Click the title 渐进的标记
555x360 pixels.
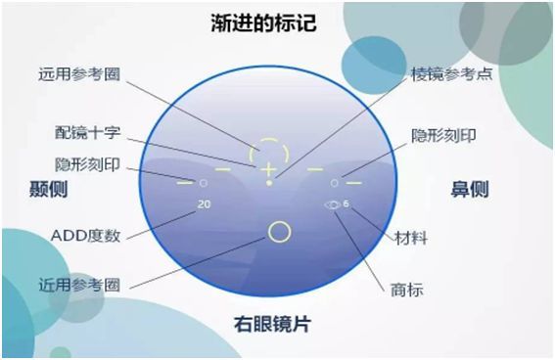click(277, 21)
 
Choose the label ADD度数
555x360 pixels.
click(86, 235)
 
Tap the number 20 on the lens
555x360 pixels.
click(204, 204)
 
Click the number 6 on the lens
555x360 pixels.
click(347, 203)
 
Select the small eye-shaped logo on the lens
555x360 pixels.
click(333, 204)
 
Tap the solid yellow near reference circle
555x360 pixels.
click(279, 231)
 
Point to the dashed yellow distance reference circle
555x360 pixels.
click(268, 153)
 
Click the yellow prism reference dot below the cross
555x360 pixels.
click(268, 183)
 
